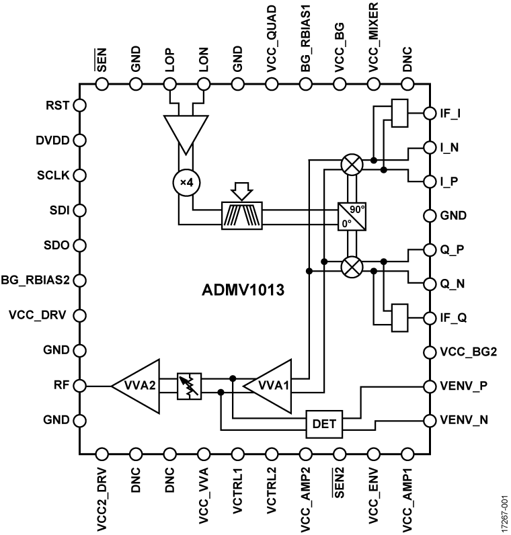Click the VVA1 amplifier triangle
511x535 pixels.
pos(272,385)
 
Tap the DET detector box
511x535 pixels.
pos(324,423)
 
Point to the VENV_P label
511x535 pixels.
pos(465,386)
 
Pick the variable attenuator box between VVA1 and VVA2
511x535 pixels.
pos(190,386)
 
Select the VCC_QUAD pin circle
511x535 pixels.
pos(272,85)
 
